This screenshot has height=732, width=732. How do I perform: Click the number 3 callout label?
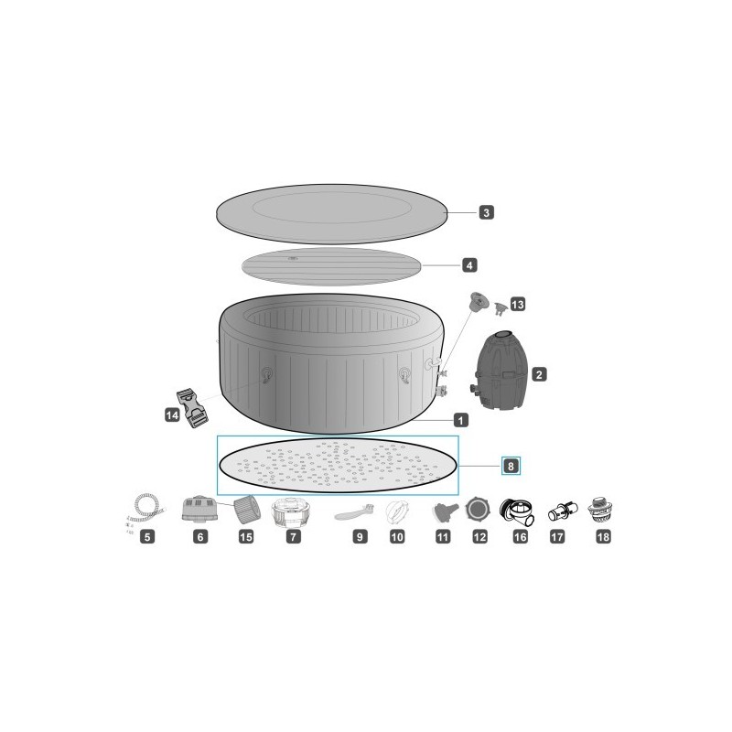click(487, 212)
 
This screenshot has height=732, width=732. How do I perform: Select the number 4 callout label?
click(468, 265)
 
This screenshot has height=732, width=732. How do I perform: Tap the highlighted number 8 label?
click(512, 466)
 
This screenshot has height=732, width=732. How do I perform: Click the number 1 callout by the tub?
click(461, 420)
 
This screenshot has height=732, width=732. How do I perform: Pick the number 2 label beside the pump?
click(539, 373)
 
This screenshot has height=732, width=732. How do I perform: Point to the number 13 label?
click(518, 304)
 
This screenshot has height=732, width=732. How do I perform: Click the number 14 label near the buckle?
click(171, 415)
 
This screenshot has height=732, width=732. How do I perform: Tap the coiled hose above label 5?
click(146, 507)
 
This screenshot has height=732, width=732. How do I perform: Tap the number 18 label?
click(602, 537)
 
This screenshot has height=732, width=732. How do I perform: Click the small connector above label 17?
click(559, 511)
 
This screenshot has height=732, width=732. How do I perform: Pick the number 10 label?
click(397, 537)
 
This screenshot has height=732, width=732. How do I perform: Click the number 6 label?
click(200, 537)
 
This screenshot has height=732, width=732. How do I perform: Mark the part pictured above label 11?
click(442, 511)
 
